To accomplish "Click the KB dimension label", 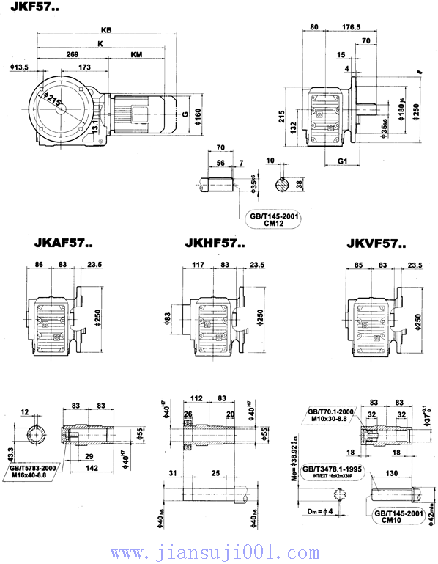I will pos(107,31).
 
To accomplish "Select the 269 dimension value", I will pos(72,55).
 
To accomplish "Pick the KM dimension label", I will pos(137,55).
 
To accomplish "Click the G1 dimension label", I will pos(342,161).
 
